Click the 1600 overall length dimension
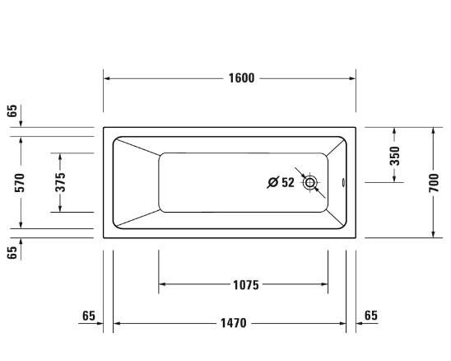[241, 78]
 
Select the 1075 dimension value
[246, 285]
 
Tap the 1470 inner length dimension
[233, 323]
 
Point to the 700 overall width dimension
[434, 183]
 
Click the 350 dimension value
[395, 156]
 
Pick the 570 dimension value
[20, 183]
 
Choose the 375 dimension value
[60, 182]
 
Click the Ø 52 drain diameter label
[281, 182]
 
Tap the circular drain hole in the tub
[309, 183]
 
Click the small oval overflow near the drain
[343, 182]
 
